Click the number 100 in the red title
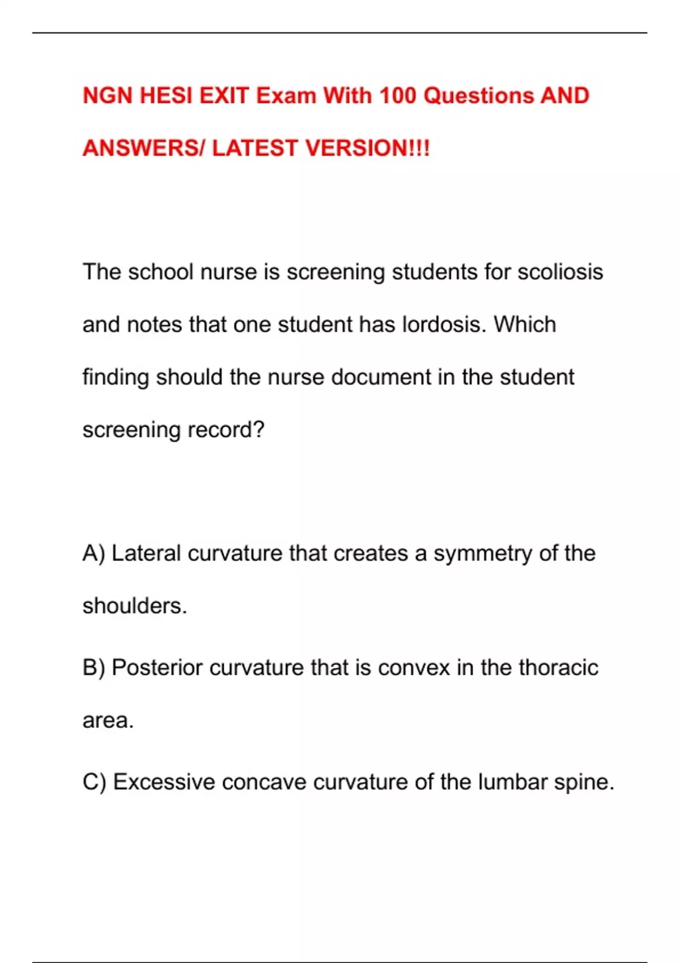pyautogui.click(x=397, y=96)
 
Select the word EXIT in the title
pyautogui.click(x=224, y=96)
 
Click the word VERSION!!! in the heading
pyautogui.click(x=367, y=148)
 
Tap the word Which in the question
pyautogui.click(x=525, y=325)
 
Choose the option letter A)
pyautogui.click(x=93, y=553)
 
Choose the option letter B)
pyautogui.click(x=93, y=668)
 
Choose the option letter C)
pyautogui.click(x=94, y=782)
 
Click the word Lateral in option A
pyautogui.click(x=146, y=553)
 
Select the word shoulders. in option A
pyautogui.click(x=134, y=606)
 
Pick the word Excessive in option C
pyautogui.click(x=164, y=782)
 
